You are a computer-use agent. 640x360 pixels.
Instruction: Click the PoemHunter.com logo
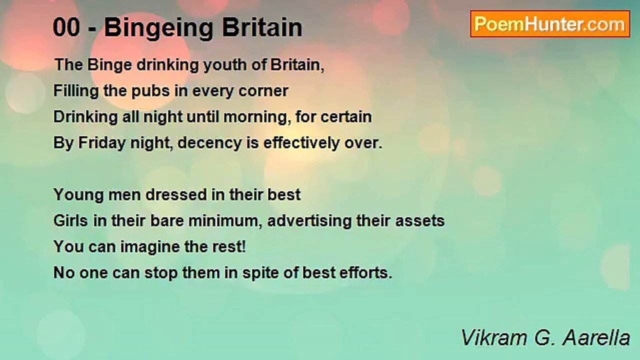[550, 23]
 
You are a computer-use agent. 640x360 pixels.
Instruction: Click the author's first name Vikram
[490, 338]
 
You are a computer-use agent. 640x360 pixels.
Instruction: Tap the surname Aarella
[596, 338]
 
